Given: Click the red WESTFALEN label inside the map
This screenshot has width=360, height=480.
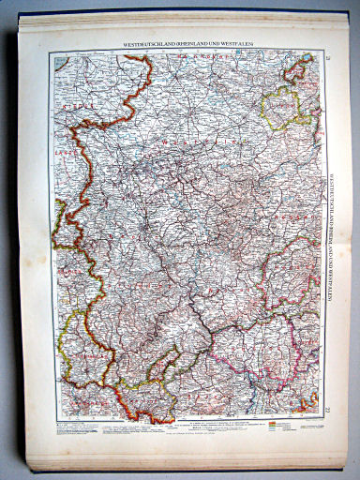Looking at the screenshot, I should click(x=178, y=142).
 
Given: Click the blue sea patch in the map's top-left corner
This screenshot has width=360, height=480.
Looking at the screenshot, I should click(x=61, y=62).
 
